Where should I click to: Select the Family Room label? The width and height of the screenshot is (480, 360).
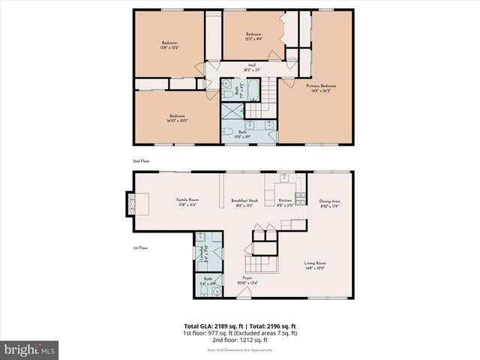point(187,201)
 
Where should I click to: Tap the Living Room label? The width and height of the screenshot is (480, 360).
point(315,265)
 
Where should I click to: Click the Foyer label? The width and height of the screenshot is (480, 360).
point(247,280)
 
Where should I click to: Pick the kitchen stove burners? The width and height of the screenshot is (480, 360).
point(300,198)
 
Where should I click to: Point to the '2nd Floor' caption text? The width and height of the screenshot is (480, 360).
point(141,161)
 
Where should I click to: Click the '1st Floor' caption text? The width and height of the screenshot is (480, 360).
point(139,247)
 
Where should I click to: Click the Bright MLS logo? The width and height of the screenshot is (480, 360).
point(30,349)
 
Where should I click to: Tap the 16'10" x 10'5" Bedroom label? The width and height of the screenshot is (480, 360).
point(177,118)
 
